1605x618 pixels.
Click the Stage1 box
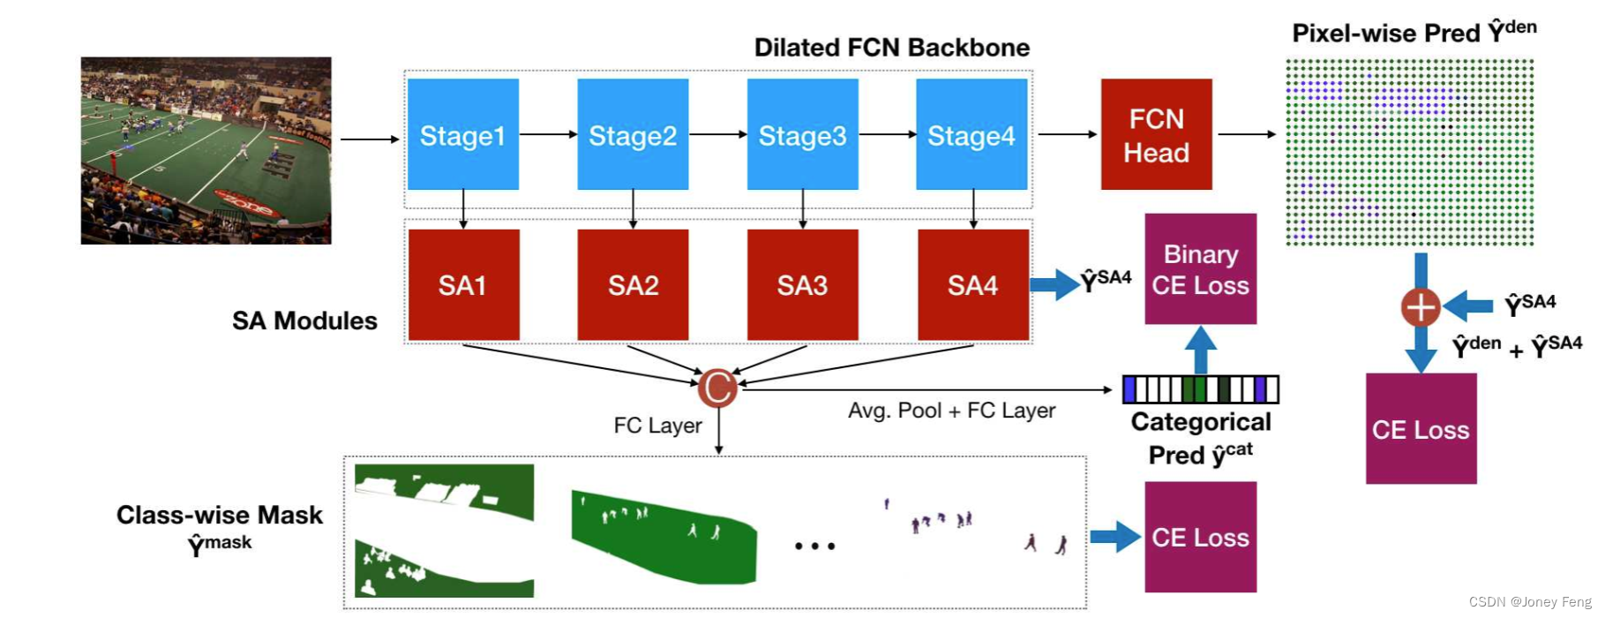tap(462, 134)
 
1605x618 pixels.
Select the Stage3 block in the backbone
tap(802, 134)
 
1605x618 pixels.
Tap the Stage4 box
tap(971, 134)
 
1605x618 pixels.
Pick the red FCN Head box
tap(1156, 134)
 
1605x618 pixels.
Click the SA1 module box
tap(463, 284)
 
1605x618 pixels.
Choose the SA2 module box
tap(633, 284)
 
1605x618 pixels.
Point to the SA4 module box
tap(973, 284)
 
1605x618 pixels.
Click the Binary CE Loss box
tap(1200, 269)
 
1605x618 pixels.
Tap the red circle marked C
tap(717, 388)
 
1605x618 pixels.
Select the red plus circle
tap(1421, 307)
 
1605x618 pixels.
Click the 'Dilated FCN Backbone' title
tap(891, 48)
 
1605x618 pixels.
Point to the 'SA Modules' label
tap(304, 320)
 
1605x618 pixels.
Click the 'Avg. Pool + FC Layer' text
tap(951, 411)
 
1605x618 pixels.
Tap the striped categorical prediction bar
tap(1200, 389)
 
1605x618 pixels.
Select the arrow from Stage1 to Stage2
tap(548, 134)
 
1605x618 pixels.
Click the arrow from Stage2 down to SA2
tap(633, 209)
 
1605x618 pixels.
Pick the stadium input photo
tap(206, 150)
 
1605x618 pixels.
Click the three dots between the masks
tap(814, 546)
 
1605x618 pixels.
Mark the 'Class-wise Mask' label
tap(220, 516)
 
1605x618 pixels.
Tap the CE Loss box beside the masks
tap(1200, 537)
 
